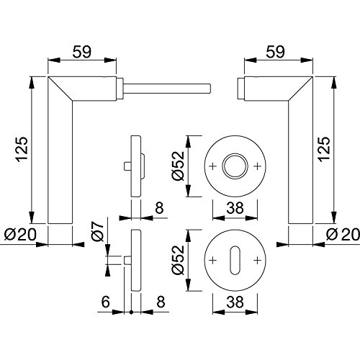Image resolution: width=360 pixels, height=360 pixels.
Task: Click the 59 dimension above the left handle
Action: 82,52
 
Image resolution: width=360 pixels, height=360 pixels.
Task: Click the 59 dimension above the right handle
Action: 276,52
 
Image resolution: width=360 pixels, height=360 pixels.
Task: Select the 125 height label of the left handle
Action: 22,149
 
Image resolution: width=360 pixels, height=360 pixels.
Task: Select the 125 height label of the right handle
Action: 324,149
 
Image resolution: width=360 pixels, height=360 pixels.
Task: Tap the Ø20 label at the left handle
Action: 20,234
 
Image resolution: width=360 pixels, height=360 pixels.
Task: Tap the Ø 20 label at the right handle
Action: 343,234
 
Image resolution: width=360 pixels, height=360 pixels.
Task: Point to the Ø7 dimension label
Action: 97,231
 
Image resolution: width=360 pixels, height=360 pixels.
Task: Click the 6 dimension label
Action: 106,302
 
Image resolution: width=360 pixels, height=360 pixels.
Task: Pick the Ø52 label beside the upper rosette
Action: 178,166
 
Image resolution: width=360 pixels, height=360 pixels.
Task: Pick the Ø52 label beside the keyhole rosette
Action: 178,260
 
